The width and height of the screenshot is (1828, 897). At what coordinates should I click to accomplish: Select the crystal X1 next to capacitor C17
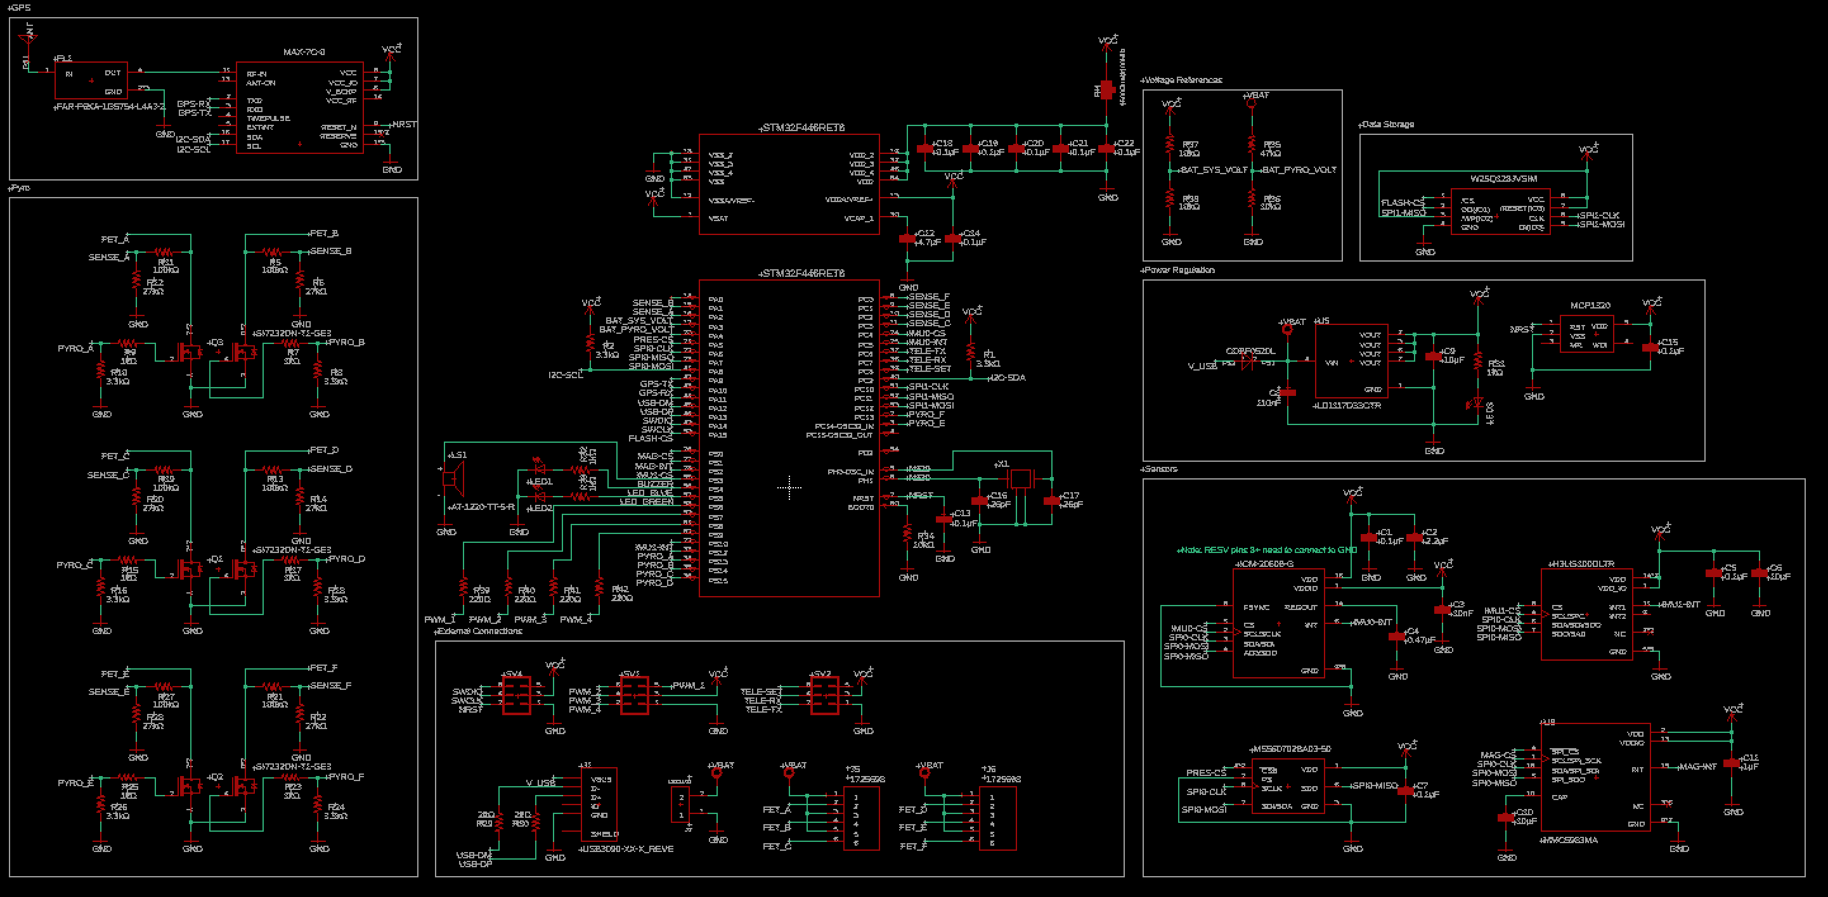pyautogui.click(x=1020, y=480)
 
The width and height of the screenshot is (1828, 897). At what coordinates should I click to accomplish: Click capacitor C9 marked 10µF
pyautogui.click(x=1434, y=356)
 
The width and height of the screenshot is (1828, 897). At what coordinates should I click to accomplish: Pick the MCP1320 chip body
pyautogui.click(x=1588, y=334)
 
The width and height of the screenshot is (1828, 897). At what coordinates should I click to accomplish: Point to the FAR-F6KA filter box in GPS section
pyautogui.click(x=91, y=81)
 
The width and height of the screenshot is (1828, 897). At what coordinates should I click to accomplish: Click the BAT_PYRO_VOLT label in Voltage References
pyautogui.click(x=1299, y=170)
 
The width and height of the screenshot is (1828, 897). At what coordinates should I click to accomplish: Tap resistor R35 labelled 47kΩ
pyautogui.click(x=1252, y=145)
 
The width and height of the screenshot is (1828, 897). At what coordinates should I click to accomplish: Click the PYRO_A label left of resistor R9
pyautogui.click(x=75, y=348)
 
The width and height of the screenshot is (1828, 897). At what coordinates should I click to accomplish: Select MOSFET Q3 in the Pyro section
pyautogui.click(x=189, y=351)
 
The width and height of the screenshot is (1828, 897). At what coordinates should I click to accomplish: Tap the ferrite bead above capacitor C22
pyautogui.click(x=1107, y=90)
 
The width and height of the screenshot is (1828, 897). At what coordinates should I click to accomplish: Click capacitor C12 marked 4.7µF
pyautogui.click(x=907, y=238)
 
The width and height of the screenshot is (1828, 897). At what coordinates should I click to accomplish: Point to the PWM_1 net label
pyautogui.click(x=439, y=619)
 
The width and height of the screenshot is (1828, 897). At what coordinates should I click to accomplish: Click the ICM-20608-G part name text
pyautogui.click(x=1264, y=564)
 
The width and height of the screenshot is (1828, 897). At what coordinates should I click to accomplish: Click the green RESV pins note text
pyautogui.click(x=1267, y=550)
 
